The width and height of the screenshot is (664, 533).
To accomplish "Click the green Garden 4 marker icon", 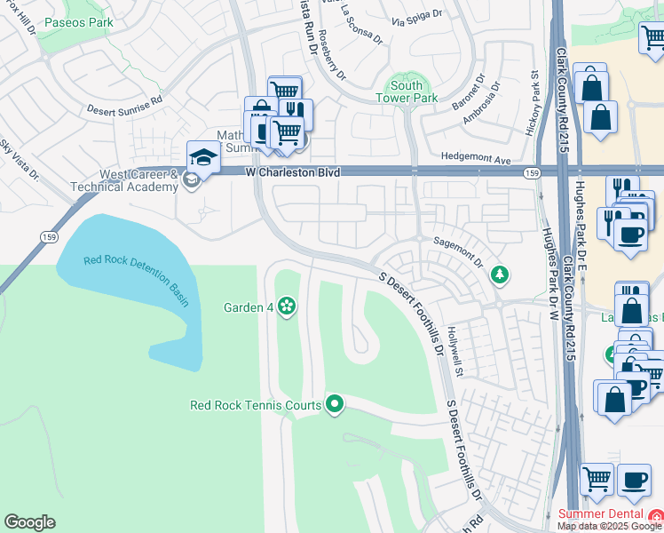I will coord(287,307).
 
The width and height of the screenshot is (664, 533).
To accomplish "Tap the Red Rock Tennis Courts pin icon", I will coord(335,405).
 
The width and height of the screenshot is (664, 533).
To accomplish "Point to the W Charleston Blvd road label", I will coord(293,171).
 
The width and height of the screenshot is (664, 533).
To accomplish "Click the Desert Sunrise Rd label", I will coord(124,111).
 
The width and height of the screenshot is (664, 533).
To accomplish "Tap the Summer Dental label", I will coord(601,514).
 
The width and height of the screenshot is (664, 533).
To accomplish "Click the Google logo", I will coord(29,522).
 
